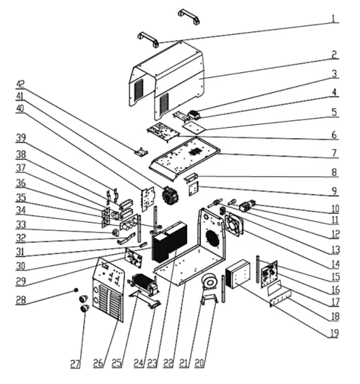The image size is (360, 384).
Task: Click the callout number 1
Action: coord(334,19)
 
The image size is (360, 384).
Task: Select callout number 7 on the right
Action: coord(334,152)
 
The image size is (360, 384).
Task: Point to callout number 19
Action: coord(334,333)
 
